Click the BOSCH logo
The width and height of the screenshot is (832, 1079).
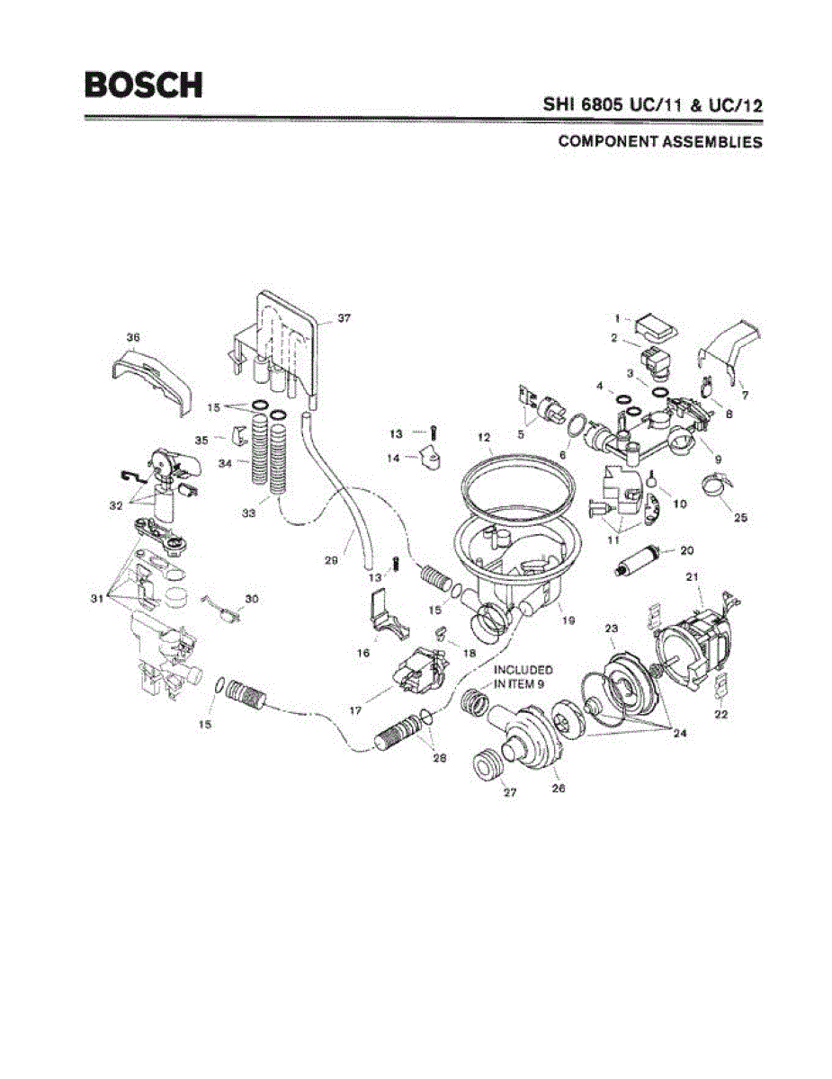click(x=144, y=85)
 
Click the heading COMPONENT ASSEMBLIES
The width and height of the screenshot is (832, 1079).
click(x=660, y=141)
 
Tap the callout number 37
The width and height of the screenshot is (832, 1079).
click(x=344, y=318)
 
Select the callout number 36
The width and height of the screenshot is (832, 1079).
click(x=132, y=338)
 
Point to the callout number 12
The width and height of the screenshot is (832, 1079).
click(x=484, y=438)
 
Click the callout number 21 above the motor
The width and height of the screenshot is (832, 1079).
click(x=692, y=577)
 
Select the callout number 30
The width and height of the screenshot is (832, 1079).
click(x=252, y=600)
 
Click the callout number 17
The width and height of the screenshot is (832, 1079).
click(x=355, y=710)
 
